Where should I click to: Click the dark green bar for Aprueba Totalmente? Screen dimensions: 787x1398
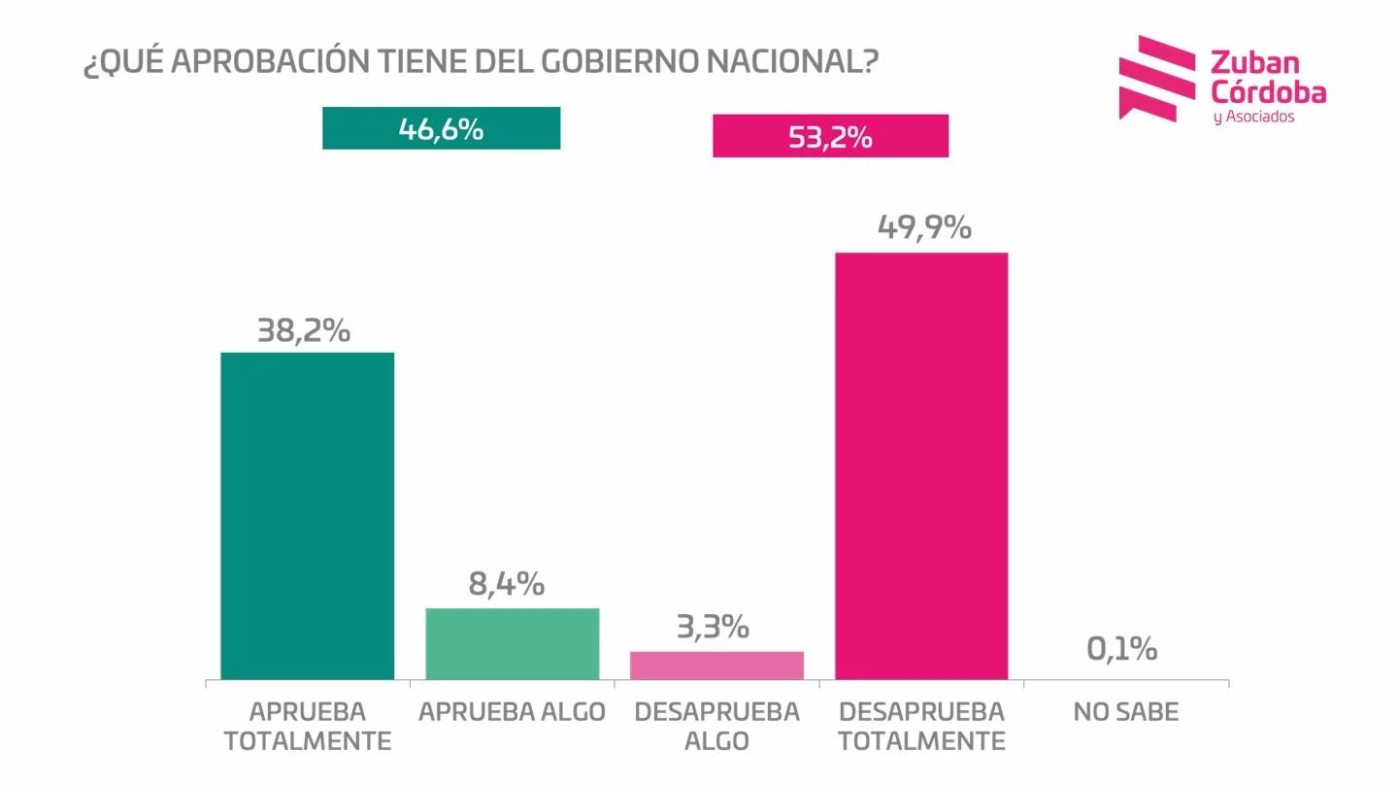[307, 515]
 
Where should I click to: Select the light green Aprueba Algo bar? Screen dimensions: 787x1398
[513, 643]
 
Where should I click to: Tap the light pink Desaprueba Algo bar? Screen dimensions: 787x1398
[716, 665]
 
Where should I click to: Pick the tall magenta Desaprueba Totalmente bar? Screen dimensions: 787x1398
[921, 465]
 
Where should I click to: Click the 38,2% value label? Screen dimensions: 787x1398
[303, 331]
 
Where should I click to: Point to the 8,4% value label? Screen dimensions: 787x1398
[506, 584]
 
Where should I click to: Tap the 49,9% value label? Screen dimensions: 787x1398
[923, 227]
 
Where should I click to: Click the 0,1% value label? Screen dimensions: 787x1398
[1121, 649]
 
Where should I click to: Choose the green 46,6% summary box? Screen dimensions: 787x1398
[441, 128]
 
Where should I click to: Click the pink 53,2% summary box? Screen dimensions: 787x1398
[830, 136]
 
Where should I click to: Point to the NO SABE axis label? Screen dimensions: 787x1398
[1125, 712]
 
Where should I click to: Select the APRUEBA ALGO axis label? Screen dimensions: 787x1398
[512, 712]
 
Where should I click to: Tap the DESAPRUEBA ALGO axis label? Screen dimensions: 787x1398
[716, 726]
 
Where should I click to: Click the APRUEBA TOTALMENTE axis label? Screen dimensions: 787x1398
[308, 726]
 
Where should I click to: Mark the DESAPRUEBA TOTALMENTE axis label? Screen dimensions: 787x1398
[921, 726]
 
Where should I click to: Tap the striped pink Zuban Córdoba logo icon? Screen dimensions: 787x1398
[1156, 78]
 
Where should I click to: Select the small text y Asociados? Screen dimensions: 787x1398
[1253, 117]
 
